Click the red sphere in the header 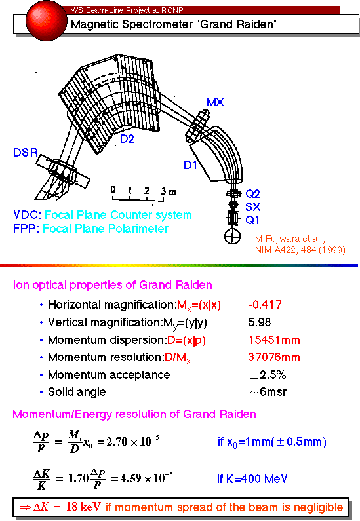(x=46, y=20)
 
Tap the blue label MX (x=215, y=102)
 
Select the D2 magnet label (x=127, y=138)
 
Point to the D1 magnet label (x=190, y=164)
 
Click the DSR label (x=26, y=153)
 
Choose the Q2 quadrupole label (x=252, y=194)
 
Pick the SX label (x=252, y=207)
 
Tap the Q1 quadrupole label (x=252, y=220)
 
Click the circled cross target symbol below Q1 (x=232, y=236)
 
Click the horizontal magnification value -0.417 (x=265, y=305)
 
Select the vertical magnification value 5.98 (x=260, y=322)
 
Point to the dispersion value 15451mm (x=274, y=340)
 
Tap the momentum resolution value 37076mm (x=274, y=357)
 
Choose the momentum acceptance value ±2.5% (x=268, y=375)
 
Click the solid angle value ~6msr (x=268, y=392)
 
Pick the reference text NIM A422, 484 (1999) (x=300, y=250)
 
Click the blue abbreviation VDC (x=27, y=215)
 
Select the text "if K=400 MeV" (x=252, y=479)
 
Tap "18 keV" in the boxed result (x=83, y=507)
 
